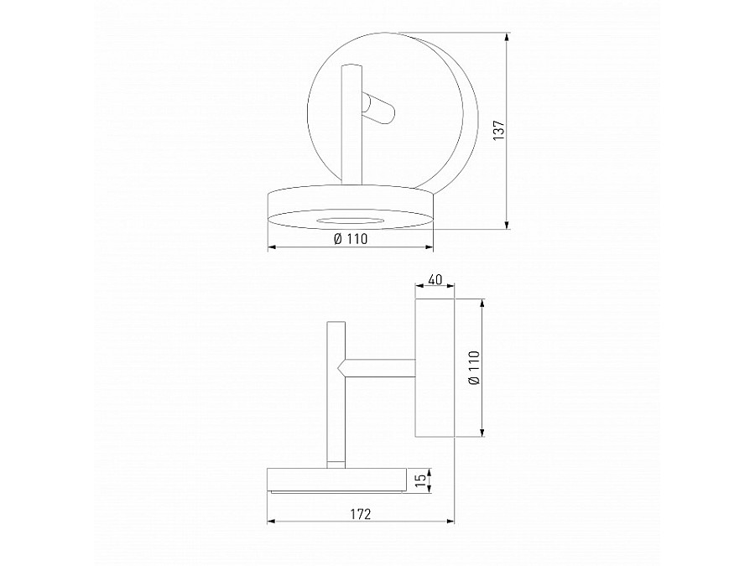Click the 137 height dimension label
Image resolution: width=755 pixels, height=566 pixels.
pyautogui.click(x=497, y=131)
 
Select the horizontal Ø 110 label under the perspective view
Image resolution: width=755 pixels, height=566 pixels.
pyautogui.click(x=351, y=239)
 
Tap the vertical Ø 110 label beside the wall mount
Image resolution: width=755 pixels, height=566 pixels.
pyautogui.click(x=473, y=367)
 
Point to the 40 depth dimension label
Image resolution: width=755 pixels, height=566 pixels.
pyautogui.click(x=435, y=280)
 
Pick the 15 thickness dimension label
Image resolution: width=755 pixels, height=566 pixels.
pyautogui.click(x=419, y=480)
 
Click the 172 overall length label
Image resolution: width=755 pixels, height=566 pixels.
pyautogui.click(x=360, y=513)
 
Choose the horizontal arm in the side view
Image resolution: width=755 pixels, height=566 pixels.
pyautogui.click(x=380, y=367)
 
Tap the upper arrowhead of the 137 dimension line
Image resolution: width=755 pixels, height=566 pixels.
pyautogui.click(x=508, y=37)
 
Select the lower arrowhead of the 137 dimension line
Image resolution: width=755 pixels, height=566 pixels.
pyautogui.click(x=508, y=225)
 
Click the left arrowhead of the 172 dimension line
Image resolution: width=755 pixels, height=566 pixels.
pyautogui.click(x=271, y=522)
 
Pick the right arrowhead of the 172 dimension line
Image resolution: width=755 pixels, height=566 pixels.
pyautogui.click(x=450, y=522)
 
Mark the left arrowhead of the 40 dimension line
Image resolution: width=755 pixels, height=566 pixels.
pyautogui.click(x=419, y=288)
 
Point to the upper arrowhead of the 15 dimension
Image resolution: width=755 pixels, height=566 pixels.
pyautogui.click(x=429, y=471)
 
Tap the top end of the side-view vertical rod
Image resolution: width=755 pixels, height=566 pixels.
pyautogui.click(x=336, y=323)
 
